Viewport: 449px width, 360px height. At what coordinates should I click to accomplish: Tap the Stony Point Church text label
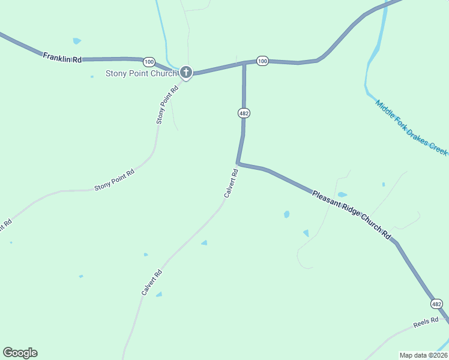pos(142,74)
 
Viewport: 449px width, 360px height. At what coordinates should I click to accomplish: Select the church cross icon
pos(186,73)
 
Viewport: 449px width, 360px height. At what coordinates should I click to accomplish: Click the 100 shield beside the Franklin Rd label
pos(149,62)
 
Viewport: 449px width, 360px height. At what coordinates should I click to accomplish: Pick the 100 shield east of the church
pos(262,61)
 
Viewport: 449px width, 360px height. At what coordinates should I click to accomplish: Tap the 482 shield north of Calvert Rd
pos(243,113)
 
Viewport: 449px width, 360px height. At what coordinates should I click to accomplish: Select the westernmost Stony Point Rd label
pos(114,180)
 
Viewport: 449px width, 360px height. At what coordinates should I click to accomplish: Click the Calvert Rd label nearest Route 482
pos(231,183)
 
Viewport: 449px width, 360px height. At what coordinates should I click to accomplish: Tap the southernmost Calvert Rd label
pos(152,281)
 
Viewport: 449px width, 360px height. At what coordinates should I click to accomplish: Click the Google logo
pos(20,353)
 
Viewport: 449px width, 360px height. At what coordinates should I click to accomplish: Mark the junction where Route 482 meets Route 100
pos(244,62)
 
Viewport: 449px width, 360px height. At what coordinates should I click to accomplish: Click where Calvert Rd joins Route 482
pos(238,163)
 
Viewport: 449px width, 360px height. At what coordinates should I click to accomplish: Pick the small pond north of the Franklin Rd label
pos(76,41)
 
